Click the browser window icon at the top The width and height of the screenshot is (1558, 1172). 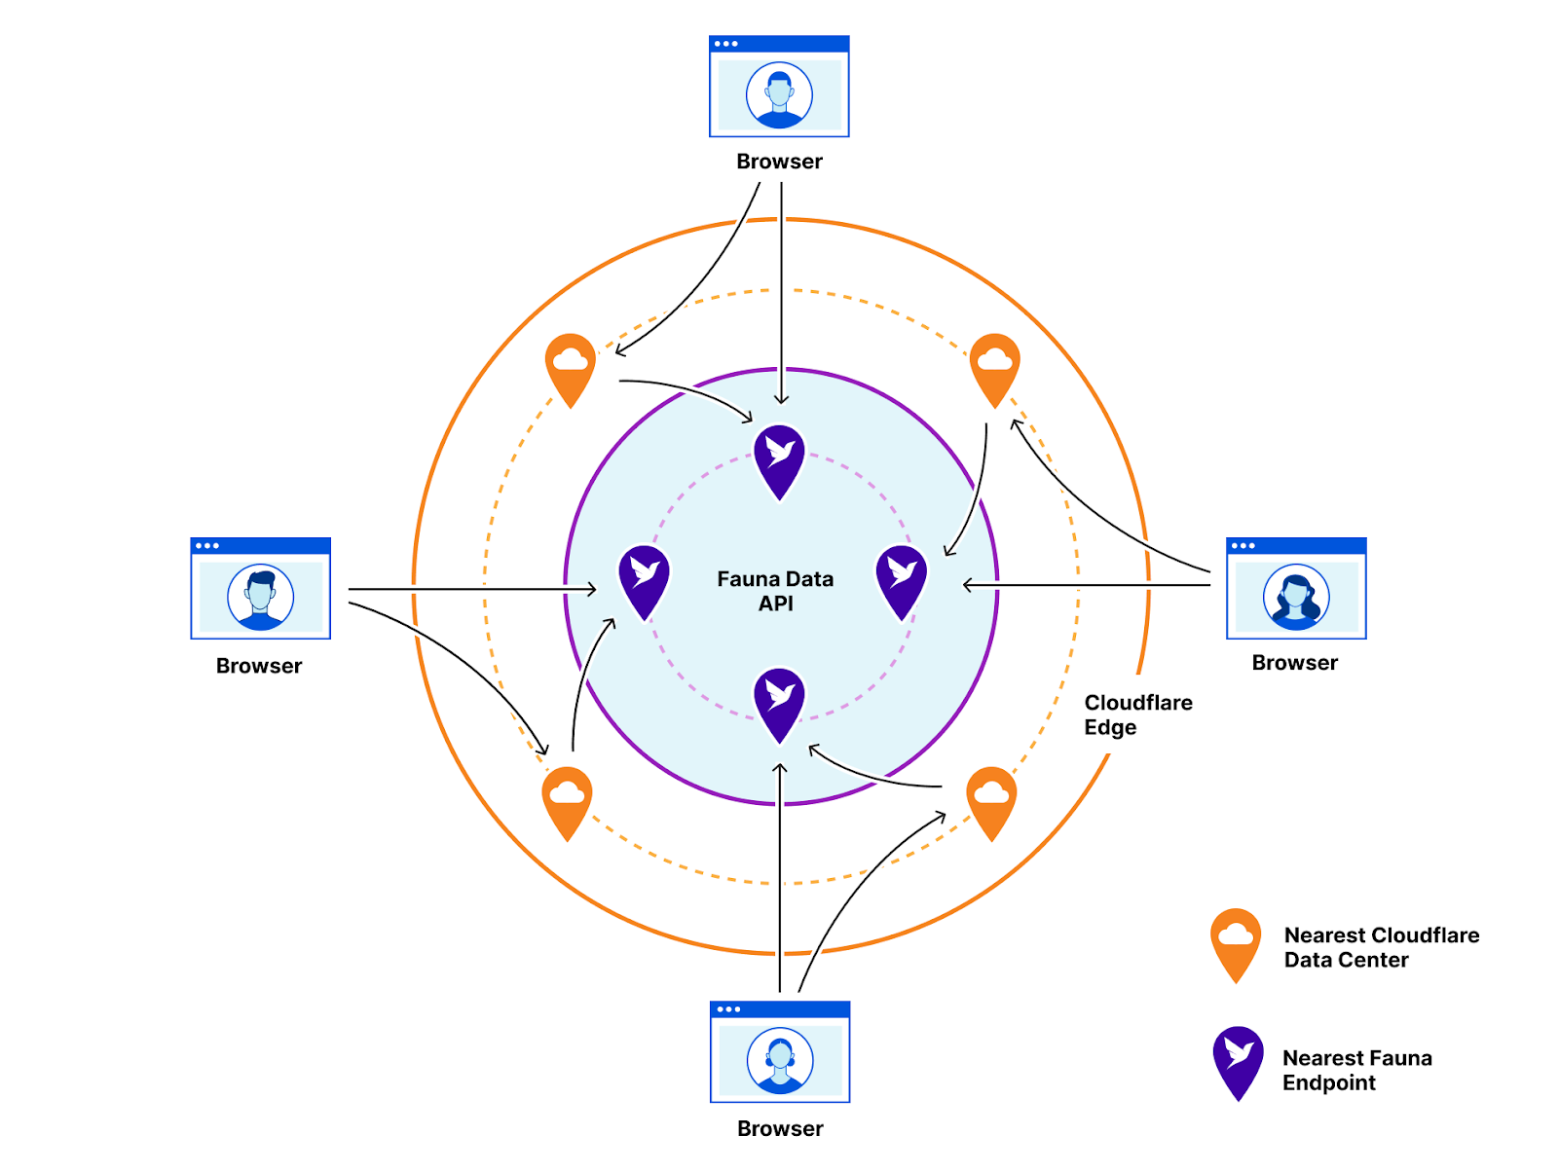pos(779,87)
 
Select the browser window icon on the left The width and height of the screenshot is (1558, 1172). pos(260,588)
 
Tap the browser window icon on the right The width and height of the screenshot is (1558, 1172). pos(1296,588)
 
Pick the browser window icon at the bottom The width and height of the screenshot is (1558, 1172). pos(780,1051)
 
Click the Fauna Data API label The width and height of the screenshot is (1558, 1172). pos(775,591)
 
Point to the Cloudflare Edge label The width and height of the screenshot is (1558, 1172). pos(1137,714)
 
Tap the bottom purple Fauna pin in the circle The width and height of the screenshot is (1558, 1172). pos(779,702)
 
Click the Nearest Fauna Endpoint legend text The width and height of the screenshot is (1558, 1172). pos(1356,1070)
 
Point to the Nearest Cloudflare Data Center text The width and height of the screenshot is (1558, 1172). pos(1381,947)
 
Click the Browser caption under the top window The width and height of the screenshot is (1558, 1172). pos(779,162)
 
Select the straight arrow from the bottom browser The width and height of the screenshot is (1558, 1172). pos(779,876)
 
